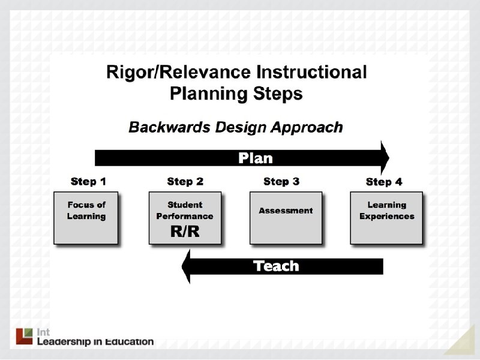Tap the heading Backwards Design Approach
236,127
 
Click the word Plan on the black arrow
255,158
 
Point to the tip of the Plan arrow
388,158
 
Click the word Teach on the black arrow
276,266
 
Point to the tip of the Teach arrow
183,266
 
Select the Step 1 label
88,181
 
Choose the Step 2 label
185,181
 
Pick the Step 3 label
281,181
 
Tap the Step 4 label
384,182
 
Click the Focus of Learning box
86,217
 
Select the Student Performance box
185,211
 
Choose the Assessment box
286,217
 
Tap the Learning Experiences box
386,217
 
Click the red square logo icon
24,336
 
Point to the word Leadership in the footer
63,342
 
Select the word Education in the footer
130,342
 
